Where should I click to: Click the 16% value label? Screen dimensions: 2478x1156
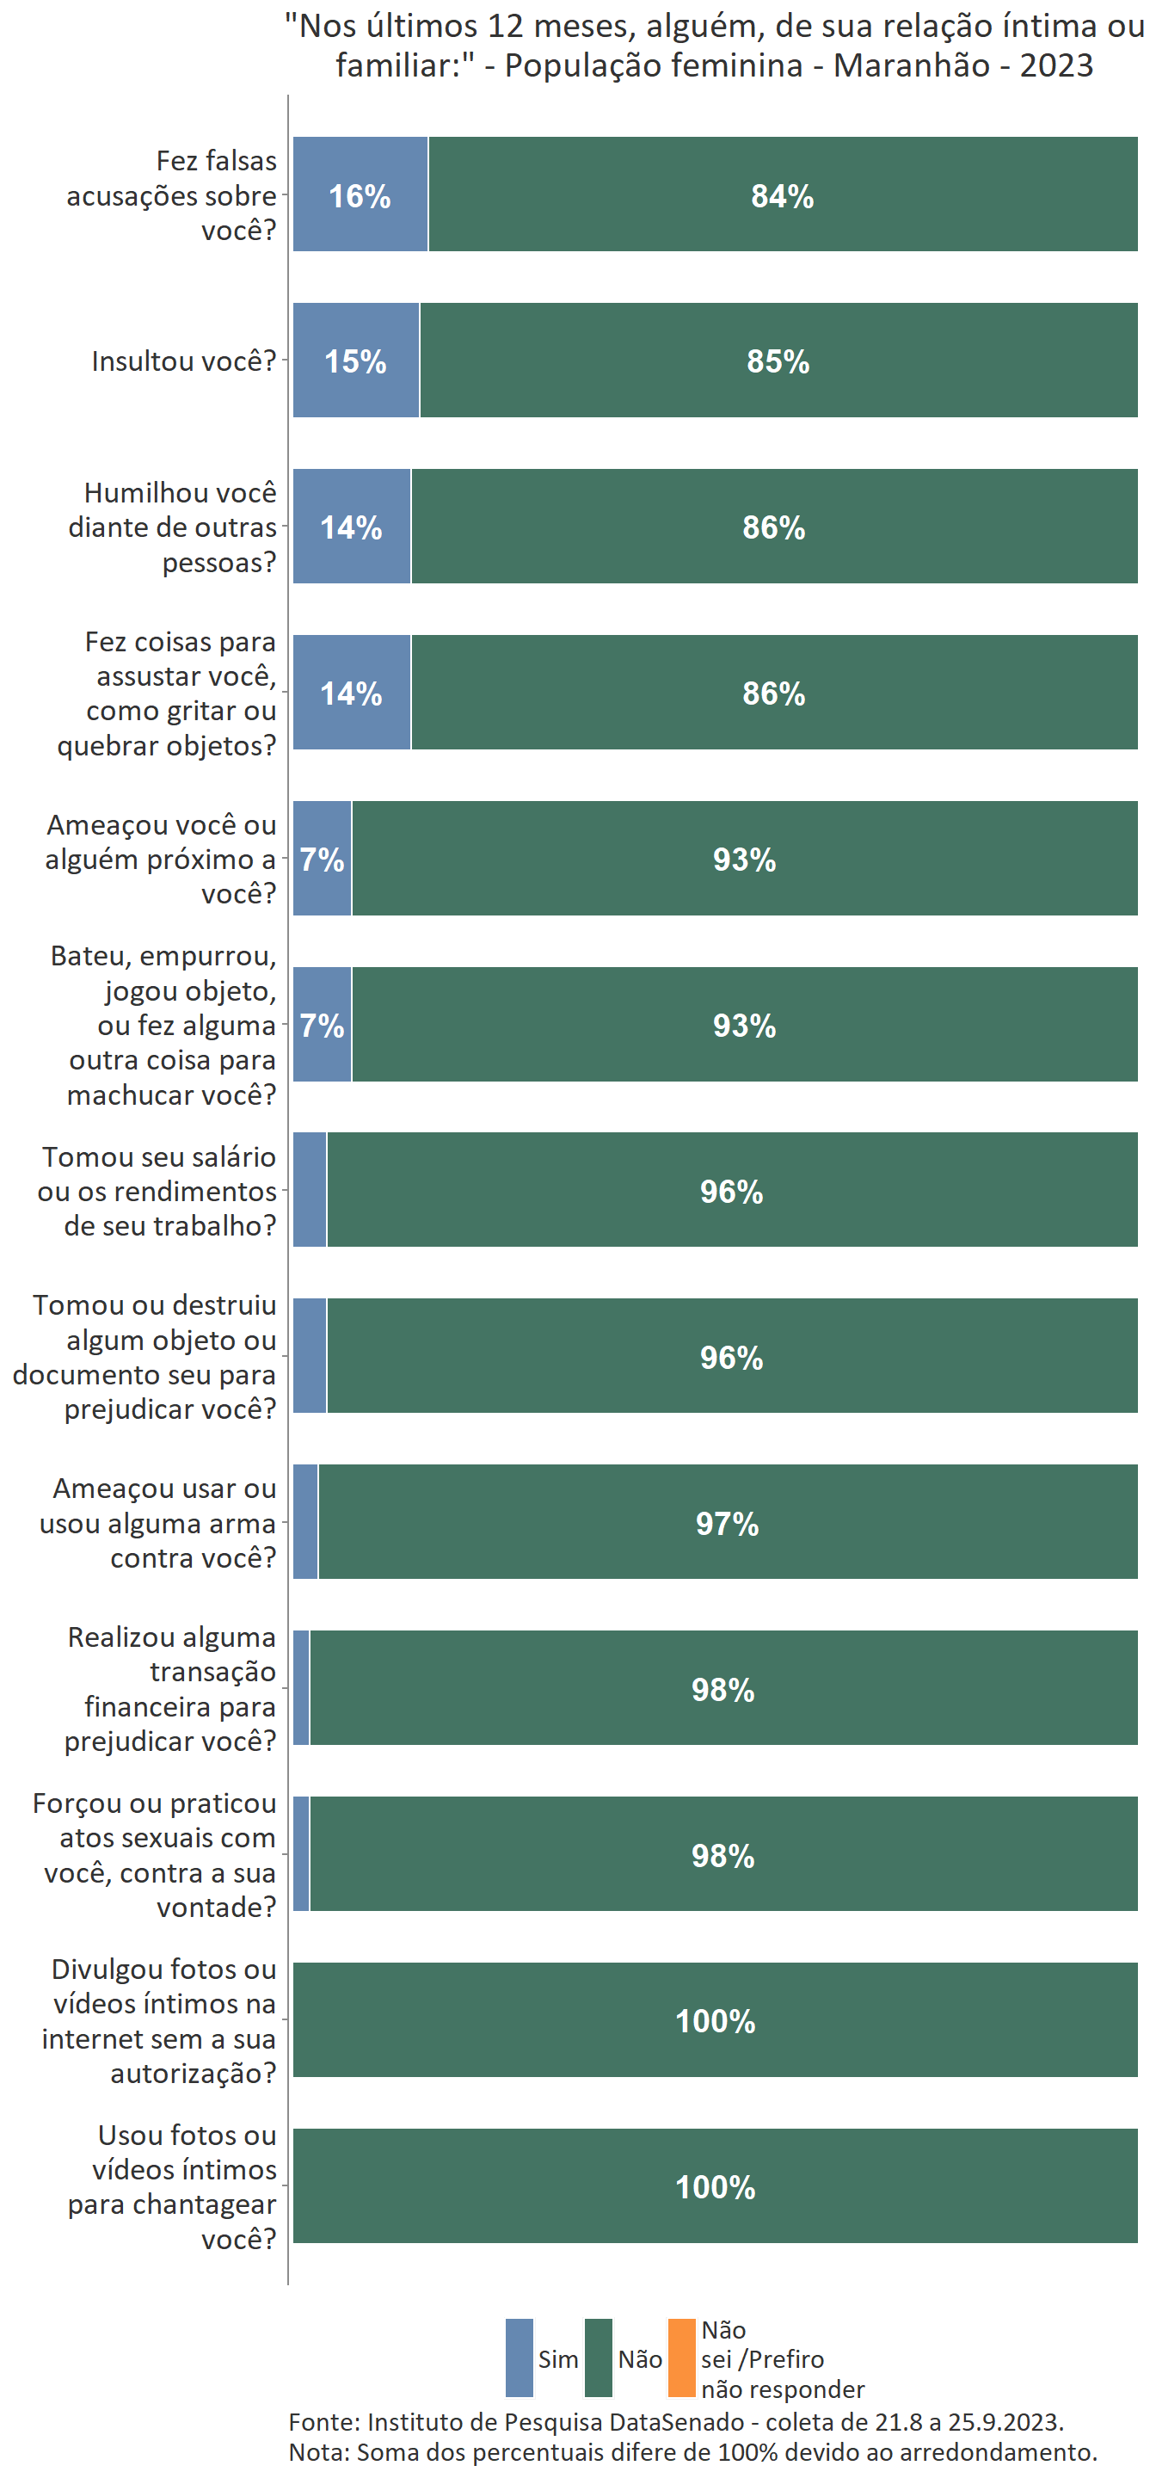(360, 196)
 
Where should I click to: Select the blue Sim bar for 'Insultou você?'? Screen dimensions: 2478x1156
(356, 361)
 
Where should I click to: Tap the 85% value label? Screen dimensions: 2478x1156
(778, 361)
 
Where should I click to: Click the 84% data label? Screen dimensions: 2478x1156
(782, 196)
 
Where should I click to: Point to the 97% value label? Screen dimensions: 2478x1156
(727, 1524)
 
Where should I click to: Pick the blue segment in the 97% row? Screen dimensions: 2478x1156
(304, 1522)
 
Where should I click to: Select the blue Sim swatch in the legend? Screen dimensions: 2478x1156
(520, 2358)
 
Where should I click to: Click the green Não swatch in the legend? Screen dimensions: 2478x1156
(598, 2358)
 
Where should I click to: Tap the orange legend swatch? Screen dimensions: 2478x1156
(681, 2358)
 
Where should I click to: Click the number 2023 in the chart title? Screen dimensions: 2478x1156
(1056, 65)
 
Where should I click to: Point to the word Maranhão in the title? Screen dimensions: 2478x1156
(912, 65)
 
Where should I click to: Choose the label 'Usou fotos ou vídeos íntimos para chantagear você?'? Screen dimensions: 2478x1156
(173, 2186)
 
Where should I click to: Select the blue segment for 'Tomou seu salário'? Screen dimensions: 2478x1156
(310, 1190)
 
